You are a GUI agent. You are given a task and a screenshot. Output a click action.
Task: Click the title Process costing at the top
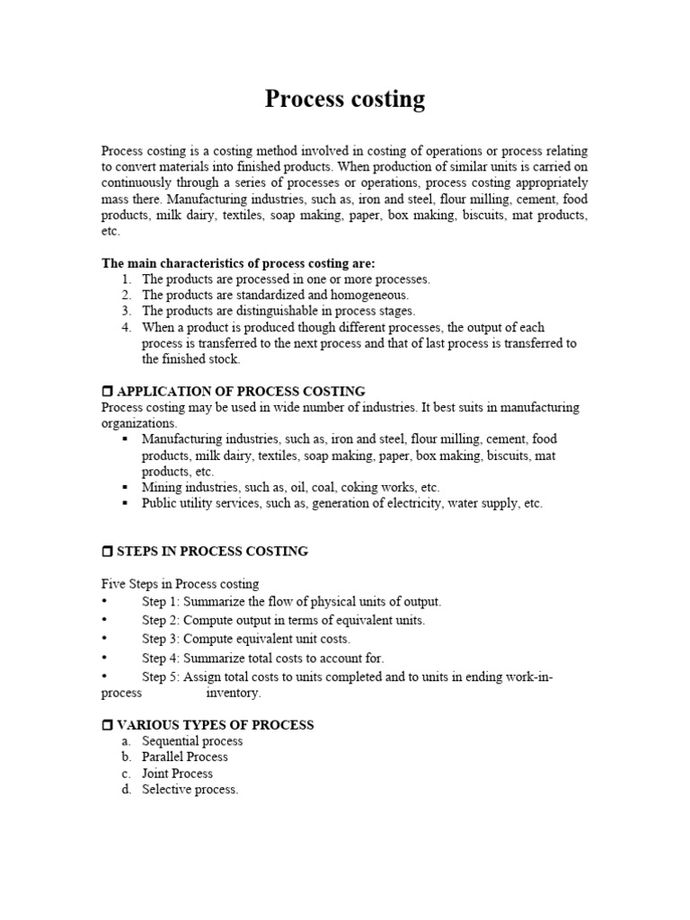click(344, 99)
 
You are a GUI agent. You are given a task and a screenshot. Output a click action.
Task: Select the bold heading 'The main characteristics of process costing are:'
click(238, 263)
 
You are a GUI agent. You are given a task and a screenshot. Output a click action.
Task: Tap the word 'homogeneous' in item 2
click(371, 295)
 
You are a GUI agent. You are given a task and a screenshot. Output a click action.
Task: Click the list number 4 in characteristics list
click(127, 327)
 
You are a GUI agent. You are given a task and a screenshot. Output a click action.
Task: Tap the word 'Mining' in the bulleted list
click(161, 488)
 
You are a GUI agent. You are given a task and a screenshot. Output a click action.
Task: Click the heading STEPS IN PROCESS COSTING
click(212, 552)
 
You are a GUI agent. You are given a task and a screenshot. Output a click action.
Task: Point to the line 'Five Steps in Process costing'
click(180, 584)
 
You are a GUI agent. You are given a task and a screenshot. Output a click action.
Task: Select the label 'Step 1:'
click(161, 601)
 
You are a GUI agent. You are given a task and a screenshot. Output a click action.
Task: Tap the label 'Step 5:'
click(161, 677)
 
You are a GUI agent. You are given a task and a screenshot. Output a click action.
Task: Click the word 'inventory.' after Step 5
click(234, 694)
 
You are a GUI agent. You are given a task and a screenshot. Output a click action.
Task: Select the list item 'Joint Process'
click(177, 774)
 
